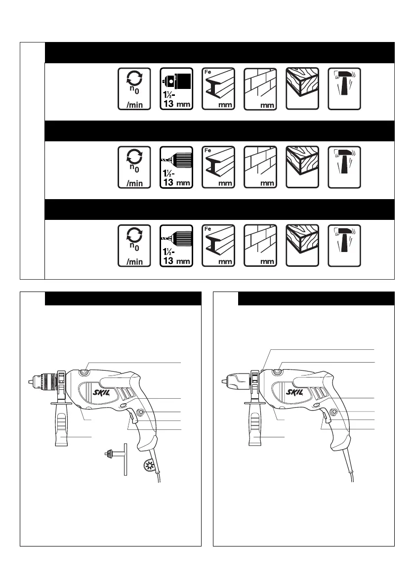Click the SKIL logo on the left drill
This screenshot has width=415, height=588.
(101, 392)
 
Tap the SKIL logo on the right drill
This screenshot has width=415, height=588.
(294, 392)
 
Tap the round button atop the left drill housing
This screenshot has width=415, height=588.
(84, 372)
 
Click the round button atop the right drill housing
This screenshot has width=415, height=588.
(278, 372)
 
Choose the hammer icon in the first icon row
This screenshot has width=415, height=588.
(344, 89)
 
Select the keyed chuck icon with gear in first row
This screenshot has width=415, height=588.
(176, 89)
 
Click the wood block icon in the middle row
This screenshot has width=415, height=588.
(302, 167)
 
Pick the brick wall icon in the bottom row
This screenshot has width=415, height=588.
(260, 246)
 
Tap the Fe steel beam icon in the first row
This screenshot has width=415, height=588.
(218, 89)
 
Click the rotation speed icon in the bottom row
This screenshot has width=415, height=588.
(134, 246)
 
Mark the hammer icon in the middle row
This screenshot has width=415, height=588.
(344, 167)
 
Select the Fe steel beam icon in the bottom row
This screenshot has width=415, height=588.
(218, 246)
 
